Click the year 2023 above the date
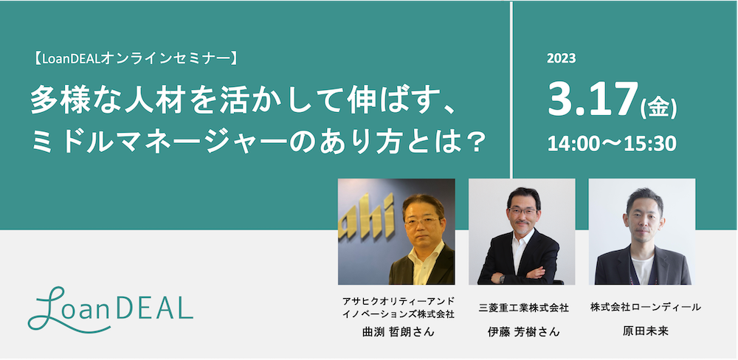point(562,58)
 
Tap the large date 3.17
point(593,100)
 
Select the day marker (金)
point(658,108)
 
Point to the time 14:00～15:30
point(611,144)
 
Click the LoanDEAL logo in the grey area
point(110,308)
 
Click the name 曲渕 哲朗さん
point(396,332)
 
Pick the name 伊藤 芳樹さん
point(523,332)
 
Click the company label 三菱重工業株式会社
point(523,308)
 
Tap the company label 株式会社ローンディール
point(645,308)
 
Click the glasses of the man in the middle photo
point(523,212)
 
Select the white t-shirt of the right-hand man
point(643,270)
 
